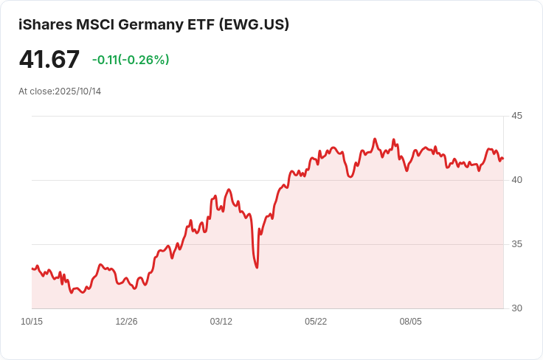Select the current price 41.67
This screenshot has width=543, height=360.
tap(49, 59)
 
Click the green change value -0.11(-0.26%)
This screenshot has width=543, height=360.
tap(131, 60)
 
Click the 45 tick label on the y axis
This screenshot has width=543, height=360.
tap(516, 116)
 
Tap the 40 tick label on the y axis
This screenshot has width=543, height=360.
tap(516, 180)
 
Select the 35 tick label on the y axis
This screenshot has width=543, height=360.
tap(516, 244)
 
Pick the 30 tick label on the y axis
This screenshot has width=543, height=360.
tap(516, 308)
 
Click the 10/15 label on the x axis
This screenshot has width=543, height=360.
tap(32, 322)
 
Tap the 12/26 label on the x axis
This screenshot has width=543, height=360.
tap(126, 322)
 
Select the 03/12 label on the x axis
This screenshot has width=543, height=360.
tap(221, 322)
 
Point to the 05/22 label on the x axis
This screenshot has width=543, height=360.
tap(316, 322)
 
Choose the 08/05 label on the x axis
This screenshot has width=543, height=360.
tap(410, 322)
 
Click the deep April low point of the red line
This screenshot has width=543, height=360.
tap(257, 267)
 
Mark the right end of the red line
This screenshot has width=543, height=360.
tap(503, 159)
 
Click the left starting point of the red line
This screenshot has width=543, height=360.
tap(32, 269)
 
